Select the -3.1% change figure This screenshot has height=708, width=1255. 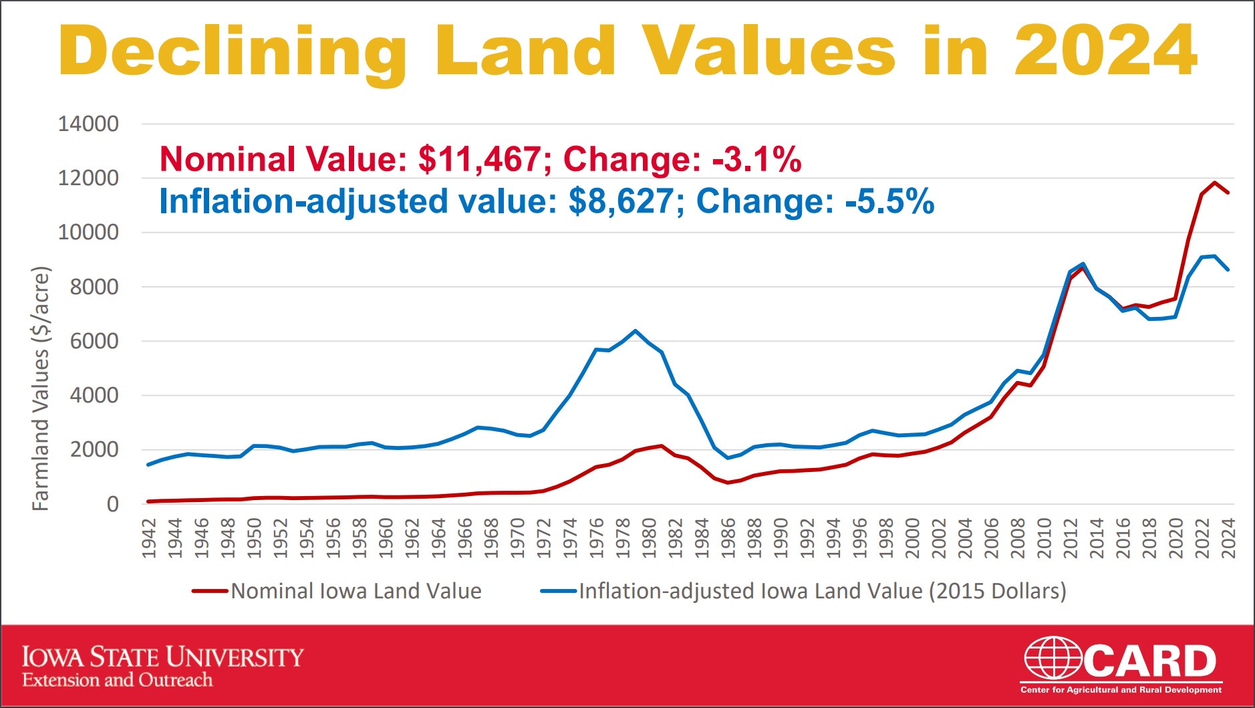pos(756,159)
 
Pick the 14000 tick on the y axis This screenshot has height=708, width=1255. pos(88,124)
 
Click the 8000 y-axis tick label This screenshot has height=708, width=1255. pos(94,287)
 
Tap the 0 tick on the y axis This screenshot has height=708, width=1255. pos(112,504)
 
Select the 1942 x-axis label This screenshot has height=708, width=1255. pos(149,538)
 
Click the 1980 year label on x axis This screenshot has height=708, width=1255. pos(649,538)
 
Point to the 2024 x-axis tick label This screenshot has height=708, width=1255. pos(1228,538)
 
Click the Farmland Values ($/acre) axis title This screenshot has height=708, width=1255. pos(41,388)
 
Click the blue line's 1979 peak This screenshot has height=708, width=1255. pos(636,330)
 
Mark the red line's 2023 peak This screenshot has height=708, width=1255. pos(1215,182)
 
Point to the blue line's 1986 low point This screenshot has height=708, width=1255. pos(728,458)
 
